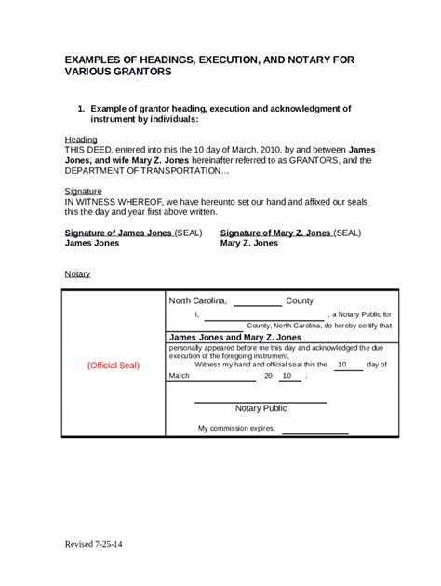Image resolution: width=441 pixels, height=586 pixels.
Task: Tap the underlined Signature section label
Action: click(x=83, y=190)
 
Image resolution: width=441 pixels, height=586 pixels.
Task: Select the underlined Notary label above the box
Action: click(x=77, y=274)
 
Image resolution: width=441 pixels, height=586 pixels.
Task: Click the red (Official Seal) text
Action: click(x=114, y=366)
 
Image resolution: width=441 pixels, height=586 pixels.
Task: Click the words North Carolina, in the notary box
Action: click(x=197, y=301)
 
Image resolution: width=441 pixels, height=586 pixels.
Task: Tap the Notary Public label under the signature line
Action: click(x=261, y=408)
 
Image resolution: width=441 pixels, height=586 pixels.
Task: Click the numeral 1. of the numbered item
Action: click(x=82, y=109)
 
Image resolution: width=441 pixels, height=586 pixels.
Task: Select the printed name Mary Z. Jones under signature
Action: click(x=249, y=243)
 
